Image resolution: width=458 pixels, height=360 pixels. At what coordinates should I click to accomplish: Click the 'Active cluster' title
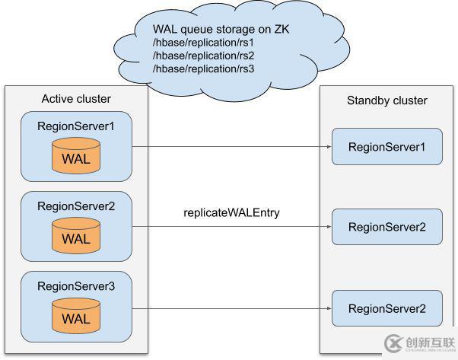pyautogui.click(x=75, y=98)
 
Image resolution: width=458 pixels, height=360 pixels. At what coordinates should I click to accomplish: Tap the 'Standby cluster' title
pyautogui.click(x=386, y=100)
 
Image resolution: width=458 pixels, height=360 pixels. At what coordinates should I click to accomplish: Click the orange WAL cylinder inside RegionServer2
pyautogui.click(x=76, y=237)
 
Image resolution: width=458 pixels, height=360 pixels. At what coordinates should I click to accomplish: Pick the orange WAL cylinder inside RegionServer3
pyautogui.click(x=76, y=317)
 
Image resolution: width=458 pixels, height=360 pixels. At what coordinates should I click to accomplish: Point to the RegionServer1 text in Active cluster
pyautogui.click(x=76, y=126)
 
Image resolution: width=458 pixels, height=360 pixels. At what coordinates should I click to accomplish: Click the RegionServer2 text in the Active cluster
pyautogui.click(x=76, y=205)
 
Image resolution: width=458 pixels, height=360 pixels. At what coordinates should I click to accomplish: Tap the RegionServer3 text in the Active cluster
pyautogui.click(x=76, y=286)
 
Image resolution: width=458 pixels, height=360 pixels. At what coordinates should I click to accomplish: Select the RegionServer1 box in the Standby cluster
pyautogui.click(x=386, y=146)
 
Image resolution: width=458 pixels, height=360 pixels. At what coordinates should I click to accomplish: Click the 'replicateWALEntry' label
pyautogui.click(x=231, y=212)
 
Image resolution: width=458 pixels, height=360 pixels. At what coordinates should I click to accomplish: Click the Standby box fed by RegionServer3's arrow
pyautogui.click(x=386, y=308)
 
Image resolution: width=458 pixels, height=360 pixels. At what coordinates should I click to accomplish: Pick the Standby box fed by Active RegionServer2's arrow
pyautogui.click(x=386, y=227)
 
